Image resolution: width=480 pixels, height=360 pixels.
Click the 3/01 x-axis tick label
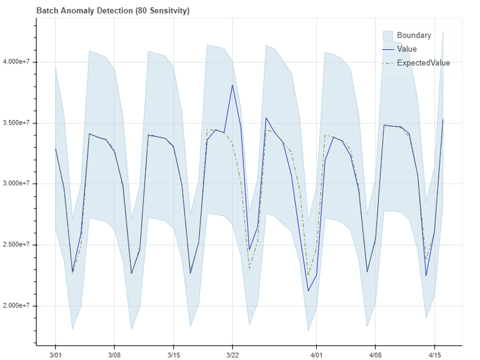pos(55,354)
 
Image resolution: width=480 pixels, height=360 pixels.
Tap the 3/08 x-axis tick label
pos(114,354)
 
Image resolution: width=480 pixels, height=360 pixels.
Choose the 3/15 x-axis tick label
pos(173,354)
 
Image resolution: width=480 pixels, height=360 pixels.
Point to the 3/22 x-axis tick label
pos(232,354)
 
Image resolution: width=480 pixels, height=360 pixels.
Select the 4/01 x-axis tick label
pos(317,354)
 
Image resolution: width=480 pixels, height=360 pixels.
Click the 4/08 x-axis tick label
pos(376,354)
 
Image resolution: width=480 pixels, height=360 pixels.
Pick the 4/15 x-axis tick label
pos(435,354)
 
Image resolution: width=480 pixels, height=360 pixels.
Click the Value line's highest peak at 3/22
pos(232,85)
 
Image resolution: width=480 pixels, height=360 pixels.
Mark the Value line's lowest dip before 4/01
pos(308,291)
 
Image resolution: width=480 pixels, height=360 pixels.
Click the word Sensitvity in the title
pos(167,12)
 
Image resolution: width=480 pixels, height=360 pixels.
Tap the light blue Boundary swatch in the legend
pos(387,35)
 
